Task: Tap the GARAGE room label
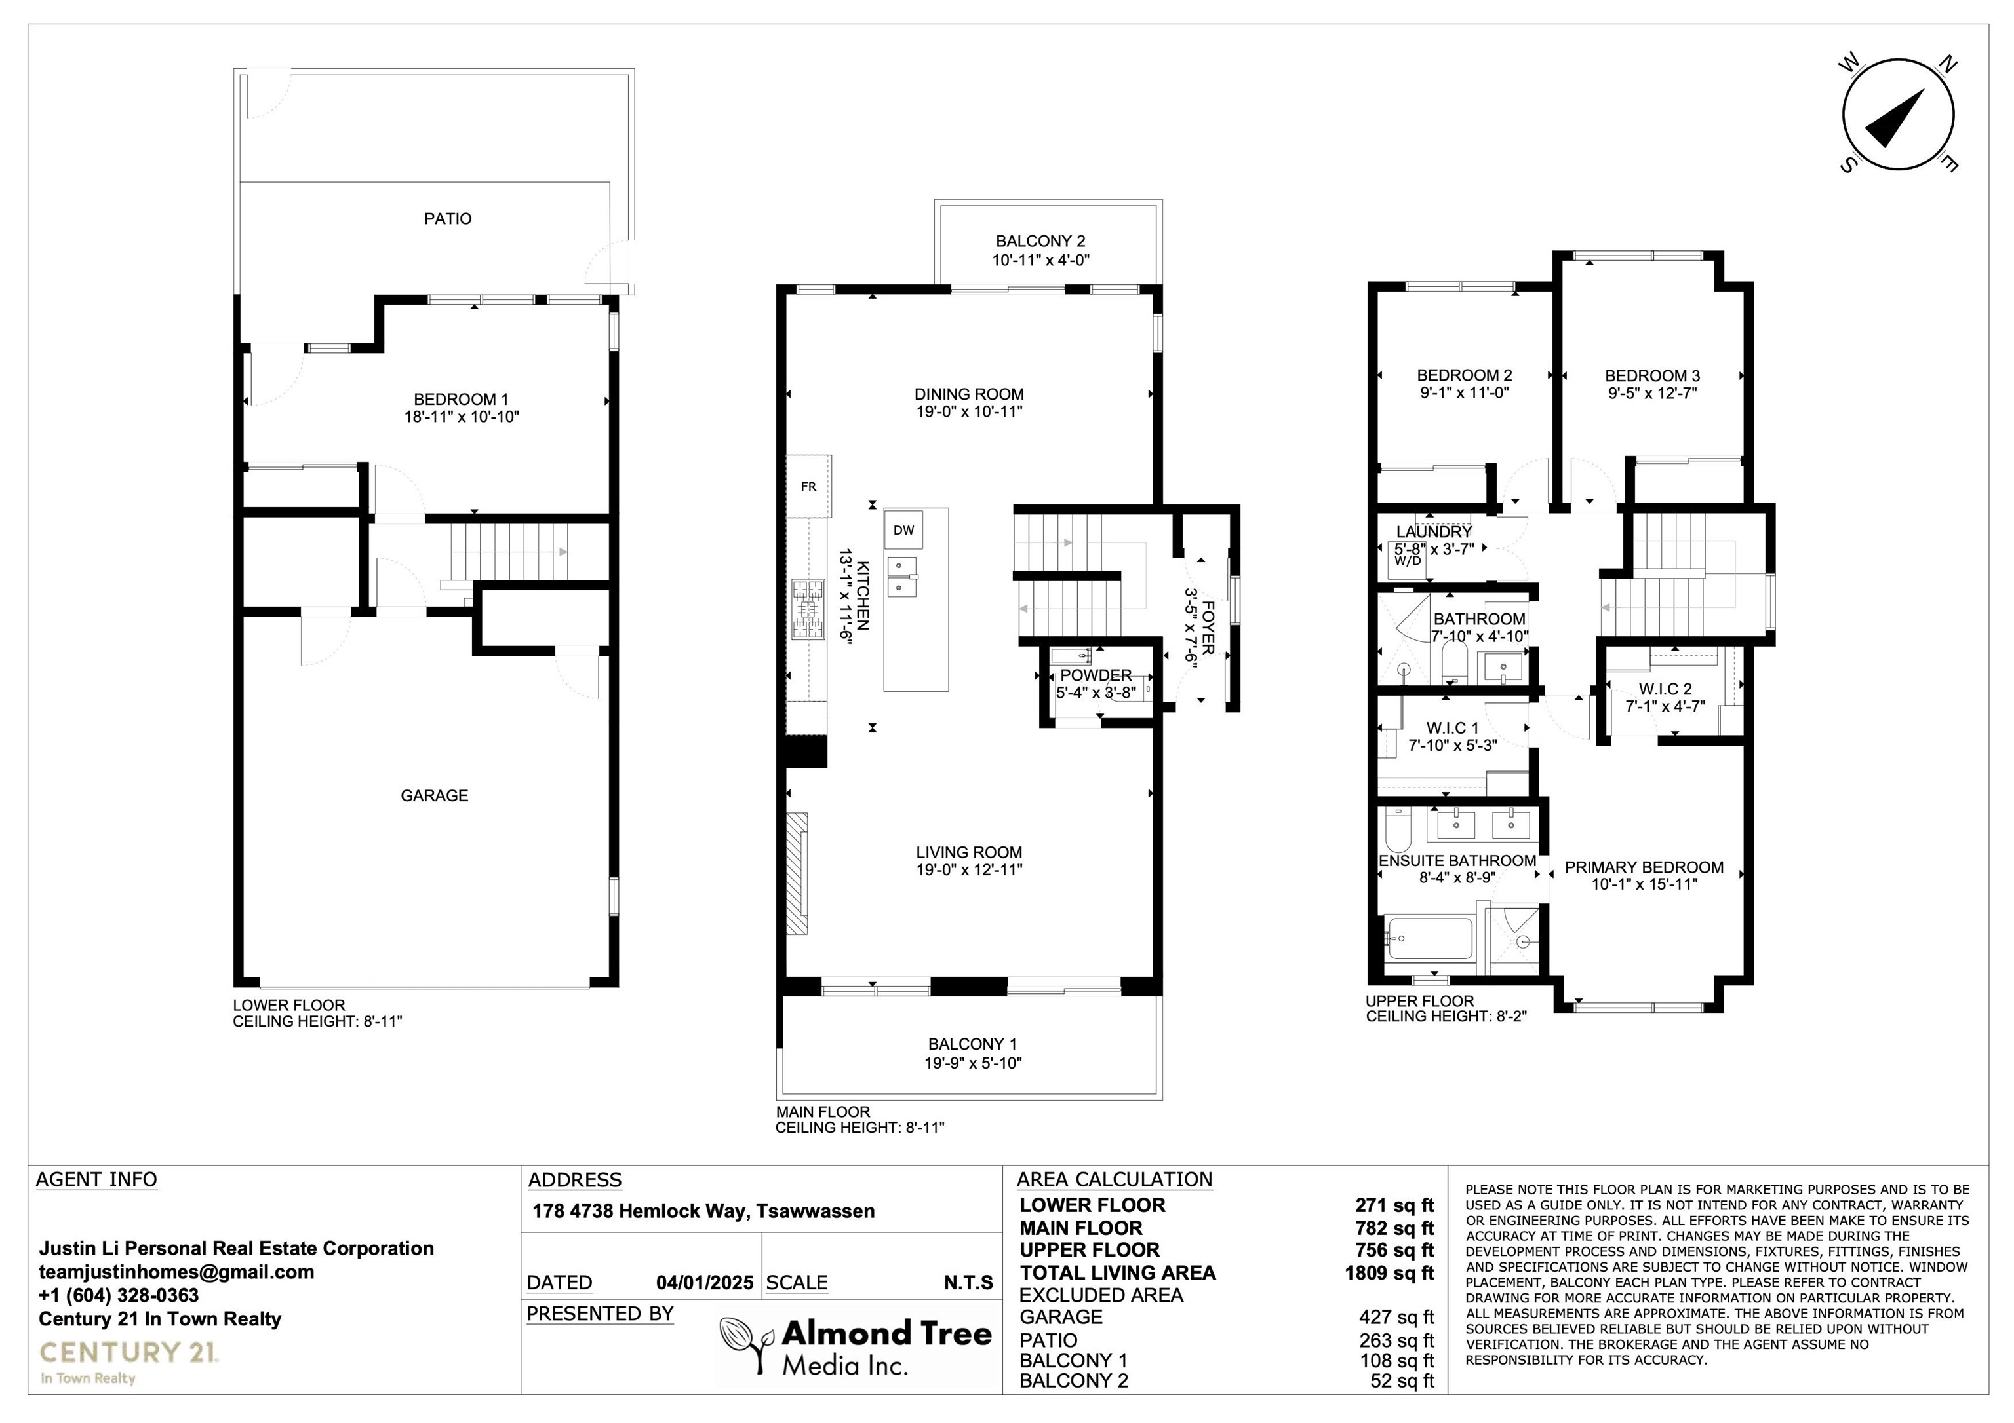coord(434,795)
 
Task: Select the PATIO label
coord(447,218)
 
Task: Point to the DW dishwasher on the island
coord(903,529)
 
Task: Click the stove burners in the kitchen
coord(808,609)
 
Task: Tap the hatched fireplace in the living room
coord(797,873)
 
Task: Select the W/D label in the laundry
coord(1407,561)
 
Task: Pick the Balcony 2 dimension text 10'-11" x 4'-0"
coord(1041,259)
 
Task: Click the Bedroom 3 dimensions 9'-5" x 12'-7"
coord(1653,393)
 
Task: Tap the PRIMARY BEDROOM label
coord(1645,867)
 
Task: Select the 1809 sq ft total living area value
coord(1389,1272)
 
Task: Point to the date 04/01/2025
coord(704,1283)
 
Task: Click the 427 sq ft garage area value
coord(1396,1317)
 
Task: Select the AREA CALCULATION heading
coord(1114,1179)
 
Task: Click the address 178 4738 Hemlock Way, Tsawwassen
coord(703,1211)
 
